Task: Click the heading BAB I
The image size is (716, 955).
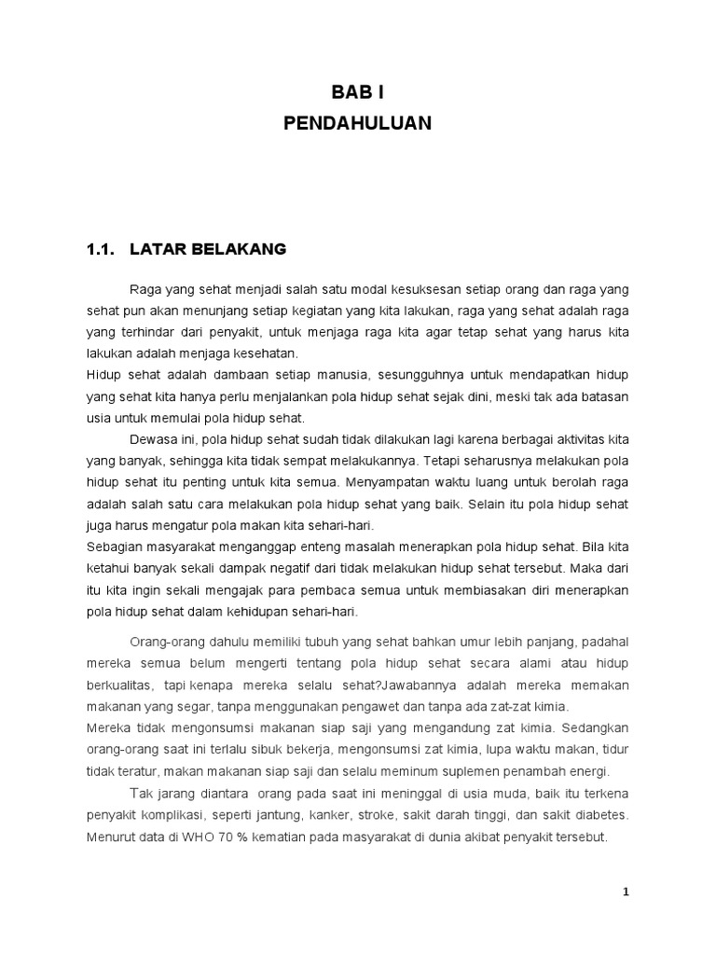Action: click(357, 91)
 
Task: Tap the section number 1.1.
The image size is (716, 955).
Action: click(99, 249)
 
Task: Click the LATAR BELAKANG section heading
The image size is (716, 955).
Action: click(209, 249)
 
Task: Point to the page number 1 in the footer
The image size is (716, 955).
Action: click(626, 892)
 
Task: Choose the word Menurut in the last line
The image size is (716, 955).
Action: click(111, 837)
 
